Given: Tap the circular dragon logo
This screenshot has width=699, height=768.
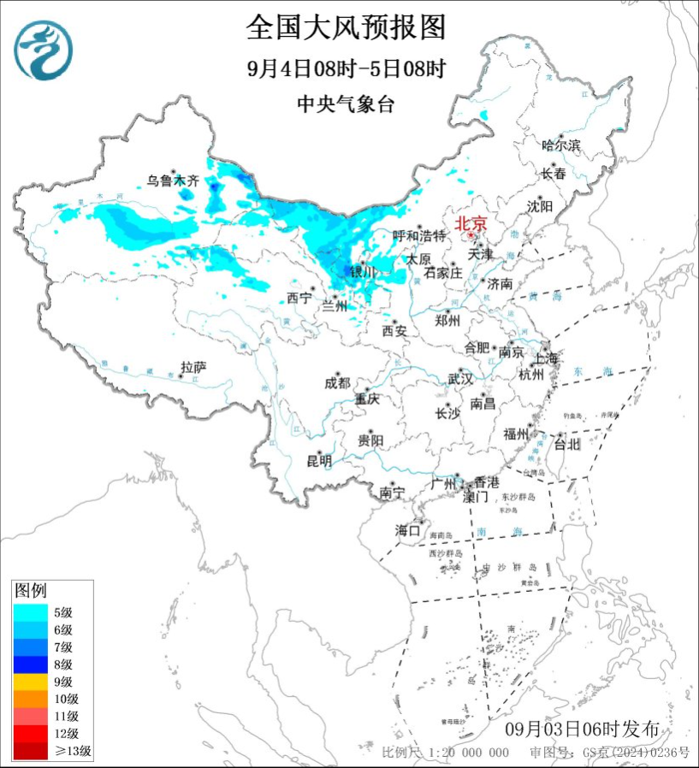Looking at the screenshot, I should point(44,50).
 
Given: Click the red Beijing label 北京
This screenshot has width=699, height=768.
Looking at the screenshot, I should point(470,223).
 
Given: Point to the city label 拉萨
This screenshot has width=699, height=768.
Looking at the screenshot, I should point(193,367).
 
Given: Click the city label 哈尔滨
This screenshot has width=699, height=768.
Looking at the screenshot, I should point(561,145).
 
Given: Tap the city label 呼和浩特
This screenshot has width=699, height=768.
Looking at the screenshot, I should point(419,235).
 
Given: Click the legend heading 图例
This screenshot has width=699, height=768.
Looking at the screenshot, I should point(31,590).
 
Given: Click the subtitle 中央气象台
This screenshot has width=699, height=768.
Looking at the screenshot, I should point(346,104).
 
